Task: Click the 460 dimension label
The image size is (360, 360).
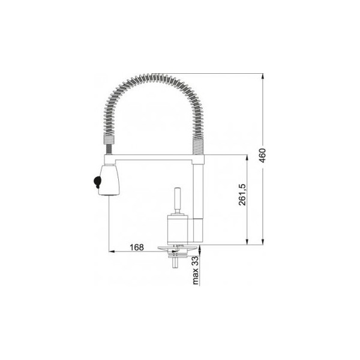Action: pyautogui.click(x=263, y=155)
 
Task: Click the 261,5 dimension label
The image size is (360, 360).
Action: pyautogui.click(x=242, y=194)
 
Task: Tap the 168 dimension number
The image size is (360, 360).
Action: pyautogui.click(x=137, y=247)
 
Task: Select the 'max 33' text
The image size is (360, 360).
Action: pyautogui.click(x=196, y=270)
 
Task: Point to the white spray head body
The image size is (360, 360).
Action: pyautogui.click(x=109, y=180)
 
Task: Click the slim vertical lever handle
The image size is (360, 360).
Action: pyautogui.click(x=178, y=201)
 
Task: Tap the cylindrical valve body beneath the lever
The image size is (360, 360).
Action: pyautogui.click(x=178, y=229)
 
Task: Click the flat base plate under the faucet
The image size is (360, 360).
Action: pyautogui.click(x=177, y=248)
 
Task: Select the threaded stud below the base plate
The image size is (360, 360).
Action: pyautogui.click(x=175, y=262)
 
